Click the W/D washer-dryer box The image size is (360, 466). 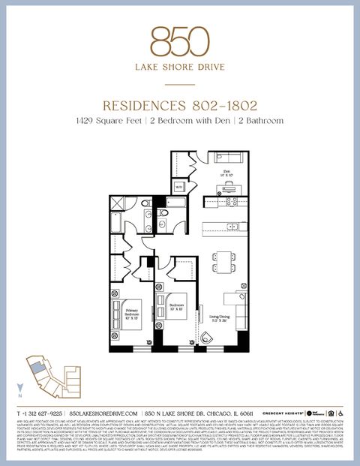(x=180, y=186)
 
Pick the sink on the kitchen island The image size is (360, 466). (x=232, y=226)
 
